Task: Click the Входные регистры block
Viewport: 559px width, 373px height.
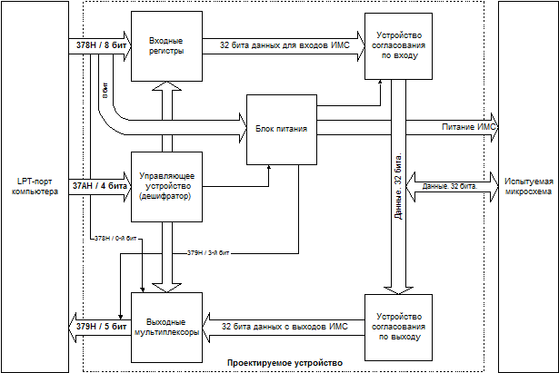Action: click(x=165, y=45)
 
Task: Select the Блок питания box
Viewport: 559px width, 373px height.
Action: click(x=280, y=128)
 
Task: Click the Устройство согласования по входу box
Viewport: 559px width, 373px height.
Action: click(x=397, y=46)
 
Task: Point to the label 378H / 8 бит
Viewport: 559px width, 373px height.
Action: click(x=95, y=45)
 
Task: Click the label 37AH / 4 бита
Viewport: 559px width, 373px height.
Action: click(x=95, y=186)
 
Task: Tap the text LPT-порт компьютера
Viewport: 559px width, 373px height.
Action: click(x=34, y=186)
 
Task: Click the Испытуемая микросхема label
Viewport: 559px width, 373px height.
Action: click(x=524, y=186)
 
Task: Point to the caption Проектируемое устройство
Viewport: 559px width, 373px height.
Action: click(x=284, y=363)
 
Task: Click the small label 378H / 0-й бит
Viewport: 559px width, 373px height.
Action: click(x=116, y=238)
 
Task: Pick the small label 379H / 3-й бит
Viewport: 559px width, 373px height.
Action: click(x=208, y=251)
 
